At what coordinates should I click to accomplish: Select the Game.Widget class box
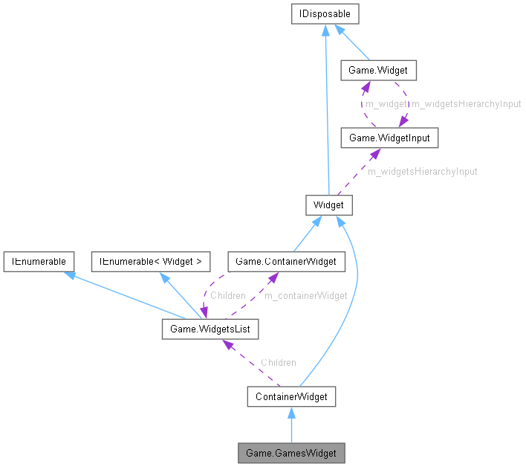click(377, 71)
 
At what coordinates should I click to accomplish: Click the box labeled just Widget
click(328, 204)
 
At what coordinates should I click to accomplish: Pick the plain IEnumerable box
click(38, 261)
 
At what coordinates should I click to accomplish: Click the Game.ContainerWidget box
click(286, 261)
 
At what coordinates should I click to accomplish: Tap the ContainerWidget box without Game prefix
click(291, 396)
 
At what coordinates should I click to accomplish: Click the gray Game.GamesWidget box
click(291, 453)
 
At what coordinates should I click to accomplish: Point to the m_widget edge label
click(386, 104)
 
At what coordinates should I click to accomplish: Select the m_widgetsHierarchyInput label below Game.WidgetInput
click(422, 171)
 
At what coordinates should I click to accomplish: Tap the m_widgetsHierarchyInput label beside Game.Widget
click(467, 104)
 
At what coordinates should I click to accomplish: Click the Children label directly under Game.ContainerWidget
click(227, 295)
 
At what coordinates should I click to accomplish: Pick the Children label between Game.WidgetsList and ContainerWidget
click(278, 362)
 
